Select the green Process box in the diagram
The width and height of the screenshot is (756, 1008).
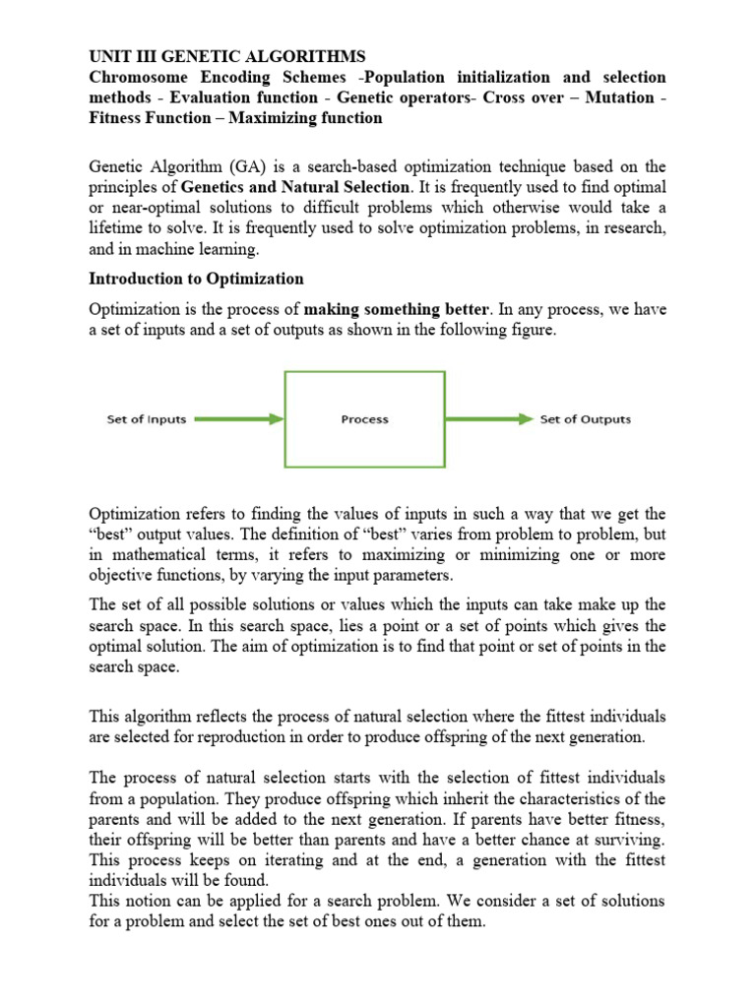(x=364, y=418)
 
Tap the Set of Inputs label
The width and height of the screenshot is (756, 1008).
(x=147, y=419)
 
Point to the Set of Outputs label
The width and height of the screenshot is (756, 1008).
(x=586, y=419)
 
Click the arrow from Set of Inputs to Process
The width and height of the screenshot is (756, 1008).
(x=236, y=419)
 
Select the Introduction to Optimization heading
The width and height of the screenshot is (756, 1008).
(x=197, y=279)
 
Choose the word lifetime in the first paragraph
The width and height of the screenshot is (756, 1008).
(x=119, y=228)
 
